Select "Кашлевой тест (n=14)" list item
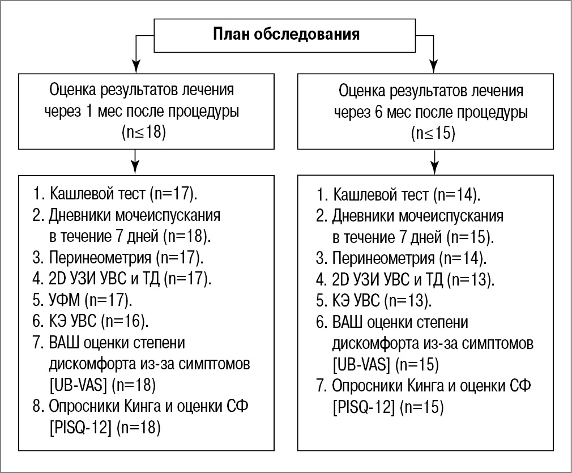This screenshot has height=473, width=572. point(399,195)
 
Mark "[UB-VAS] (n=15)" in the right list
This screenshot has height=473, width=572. point(384,363)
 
